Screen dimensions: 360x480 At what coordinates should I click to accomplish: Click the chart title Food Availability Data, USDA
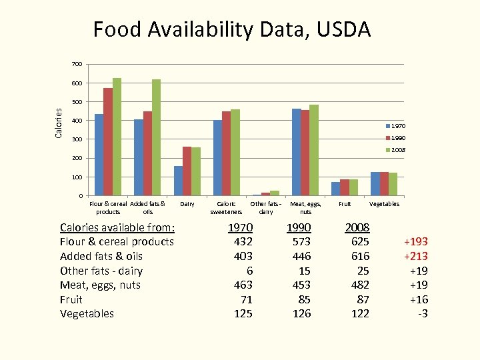[x=232, y=29]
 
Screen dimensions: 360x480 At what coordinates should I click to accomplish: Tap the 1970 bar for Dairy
[x=178, y=181]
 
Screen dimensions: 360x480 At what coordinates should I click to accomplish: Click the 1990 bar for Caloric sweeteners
[x=226, y=153]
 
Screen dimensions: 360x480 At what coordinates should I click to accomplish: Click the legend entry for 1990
[x=394, y=138]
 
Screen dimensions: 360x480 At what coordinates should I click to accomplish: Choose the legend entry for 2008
[x=394, y=150]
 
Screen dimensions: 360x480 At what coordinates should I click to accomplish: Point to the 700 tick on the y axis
[x=77, y=64]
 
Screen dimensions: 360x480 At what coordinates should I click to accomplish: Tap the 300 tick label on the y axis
[x=77, y=139]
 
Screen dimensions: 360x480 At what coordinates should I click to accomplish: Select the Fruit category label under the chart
[x=345, y=204]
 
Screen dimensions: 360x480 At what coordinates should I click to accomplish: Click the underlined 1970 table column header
[x=240, y=227]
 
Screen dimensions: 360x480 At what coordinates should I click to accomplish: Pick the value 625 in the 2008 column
[x=360, y=241]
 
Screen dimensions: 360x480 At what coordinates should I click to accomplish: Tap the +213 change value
[x=415, y=256]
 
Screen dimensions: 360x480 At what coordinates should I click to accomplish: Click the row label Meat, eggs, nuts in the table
[x=100, y=285]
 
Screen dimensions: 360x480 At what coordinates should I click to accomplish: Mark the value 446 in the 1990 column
[x=301, y=256]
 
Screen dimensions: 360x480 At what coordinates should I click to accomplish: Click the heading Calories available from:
[x=117, y=227]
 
